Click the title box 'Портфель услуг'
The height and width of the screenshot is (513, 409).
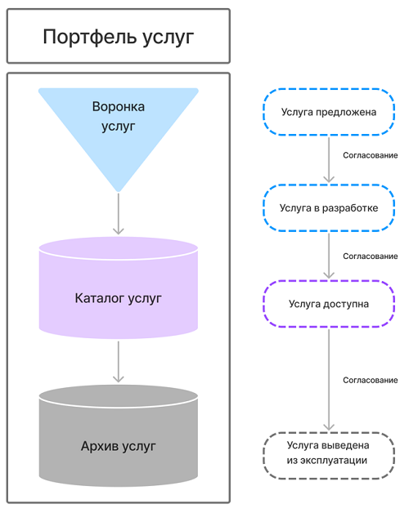pos(119,36)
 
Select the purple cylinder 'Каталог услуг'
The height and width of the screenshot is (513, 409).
pos(119,288)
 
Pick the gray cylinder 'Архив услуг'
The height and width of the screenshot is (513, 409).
pos(119,435)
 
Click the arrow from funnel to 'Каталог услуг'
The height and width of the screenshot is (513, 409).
pos(119,214)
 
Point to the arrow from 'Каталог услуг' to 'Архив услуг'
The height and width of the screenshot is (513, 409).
pos(119,362)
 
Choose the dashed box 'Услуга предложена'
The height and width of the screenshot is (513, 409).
pos(329,112)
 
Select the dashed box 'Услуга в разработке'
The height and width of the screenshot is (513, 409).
pos(329,207)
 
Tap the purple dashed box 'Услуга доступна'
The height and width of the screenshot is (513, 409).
pos(329,304)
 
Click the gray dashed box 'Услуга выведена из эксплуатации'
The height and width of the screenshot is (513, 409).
pos(329,456)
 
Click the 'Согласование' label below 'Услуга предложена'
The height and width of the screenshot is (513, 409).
pos(371,155)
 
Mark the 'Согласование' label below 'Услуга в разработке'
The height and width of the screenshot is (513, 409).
pos(371,256)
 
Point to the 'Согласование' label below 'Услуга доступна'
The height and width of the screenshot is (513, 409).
pos(371,380)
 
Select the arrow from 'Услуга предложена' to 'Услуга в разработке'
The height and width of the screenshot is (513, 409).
pos(329,159)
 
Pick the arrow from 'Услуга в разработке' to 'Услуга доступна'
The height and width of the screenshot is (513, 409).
pos(329,256)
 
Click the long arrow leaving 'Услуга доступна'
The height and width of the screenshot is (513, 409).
pos(329,380)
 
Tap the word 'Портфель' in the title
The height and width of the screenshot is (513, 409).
pos(90,37)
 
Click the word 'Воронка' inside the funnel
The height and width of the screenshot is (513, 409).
pos(119,107)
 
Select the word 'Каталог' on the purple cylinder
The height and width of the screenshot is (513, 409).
pos(100,298)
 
